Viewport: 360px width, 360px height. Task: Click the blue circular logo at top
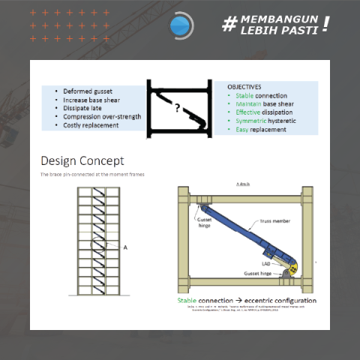180,26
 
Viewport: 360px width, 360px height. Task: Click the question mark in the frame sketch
178,109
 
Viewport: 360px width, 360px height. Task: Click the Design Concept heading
82,160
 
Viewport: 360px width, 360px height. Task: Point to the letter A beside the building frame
124,247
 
